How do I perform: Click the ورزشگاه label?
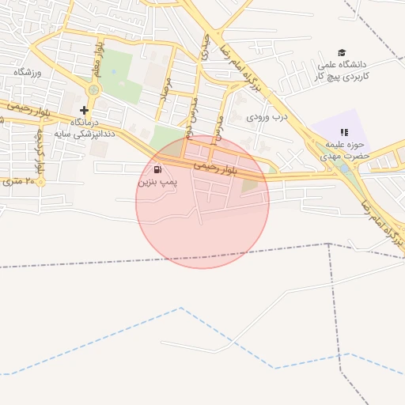(27, 72)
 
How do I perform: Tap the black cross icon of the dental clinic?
(85, 110)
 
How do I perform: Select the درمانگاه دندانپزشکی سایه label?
(83, 129)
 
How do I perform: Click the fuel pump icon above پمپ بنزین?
(157, 169)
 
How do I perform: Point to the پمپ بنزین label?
(158, 182)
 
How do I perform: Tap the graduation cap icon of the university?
(342, 52)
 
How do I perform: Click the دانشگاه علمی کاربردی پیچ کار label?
(341, 70)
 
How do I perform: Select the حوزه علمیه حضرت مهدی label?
(343, 151)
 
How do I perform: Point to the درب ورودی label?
(265, 117)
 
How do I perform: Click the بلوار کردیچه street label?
(40, 150)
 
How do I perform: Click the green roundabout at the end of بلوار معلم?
(94, 90)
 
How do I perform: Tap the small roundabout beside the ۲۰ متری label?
(41, 182)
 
